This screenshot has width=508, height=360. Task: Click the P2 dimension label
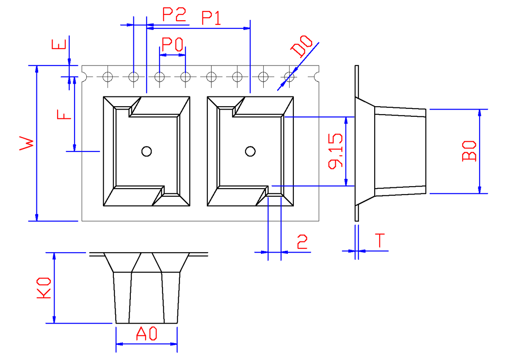pos(174,16)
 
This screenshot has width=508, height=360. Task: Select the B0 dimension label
pos(469,151)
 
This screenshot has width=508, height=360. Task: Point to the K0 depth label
pos(44,289)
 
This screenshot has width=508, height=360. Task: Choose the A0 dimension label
pos(147,335)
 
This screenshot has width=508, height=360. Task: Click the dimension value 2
pos(302,242)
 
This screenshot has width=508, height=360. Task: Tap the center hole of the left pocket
pos(146,151)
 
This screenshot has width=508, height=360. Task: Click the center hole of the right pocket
pos(250,151)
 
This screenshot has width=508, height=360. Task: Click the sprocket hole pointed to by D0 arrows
pos(289,77)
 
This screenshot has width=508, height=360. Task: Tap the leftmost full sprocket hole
pos(108,77)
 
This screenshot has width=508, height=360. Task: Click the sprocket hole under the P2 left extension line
pos(134,77)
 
